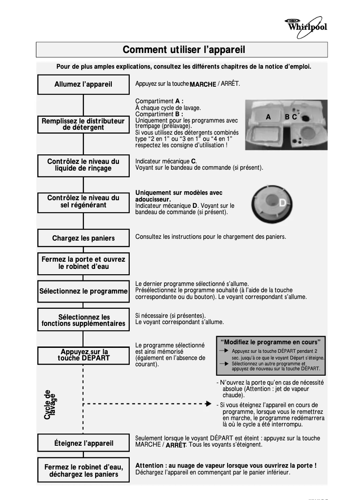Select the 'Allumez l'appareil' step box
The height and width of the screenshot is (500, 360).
(x=83, y=84)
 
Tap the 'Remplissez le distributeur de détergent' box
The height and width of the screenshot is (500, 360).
(x=83, y=124)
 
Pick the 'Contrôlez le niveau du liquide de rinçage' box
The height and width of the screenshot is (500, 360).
(x=83, y=165)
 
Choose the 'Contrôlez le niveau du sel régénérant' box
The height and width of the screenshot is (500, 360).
(x=83, y=202)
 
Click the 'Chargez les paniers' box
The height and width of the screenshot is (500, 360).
(x=83, y=238)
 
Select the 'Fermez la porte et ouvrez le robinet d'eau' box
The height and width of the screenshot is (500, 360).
(x=83, y=263)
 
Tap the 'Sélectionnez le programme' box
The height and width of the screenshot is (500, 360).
(x=83, y=291)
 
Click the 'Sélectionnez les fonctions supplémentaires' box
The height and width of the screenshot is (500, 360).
(x=83, y=320)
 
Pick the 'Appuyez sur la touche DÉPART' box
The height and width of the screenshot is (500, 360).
(x=83, y=355)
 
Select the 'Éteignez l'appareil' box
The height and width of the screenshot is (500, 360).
(x=83, y=443)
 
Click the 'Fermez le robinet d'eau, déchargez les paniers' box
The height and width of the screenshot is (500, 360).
(x=83, y=471)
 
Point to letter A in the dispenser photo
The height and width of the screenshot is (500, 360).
(x=268, y=117)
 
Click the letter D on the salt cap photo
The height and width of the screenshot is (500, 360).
(x=282, y=203)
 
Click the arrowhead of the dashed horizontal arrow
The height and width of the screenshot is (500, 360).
(x=208, y=404)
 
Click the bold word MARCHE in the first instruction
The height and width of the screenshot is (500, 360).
(x=203, y=84)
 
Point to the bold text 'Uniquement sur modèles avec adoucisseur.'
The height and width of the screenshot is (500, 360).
(x=179, y=196)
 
